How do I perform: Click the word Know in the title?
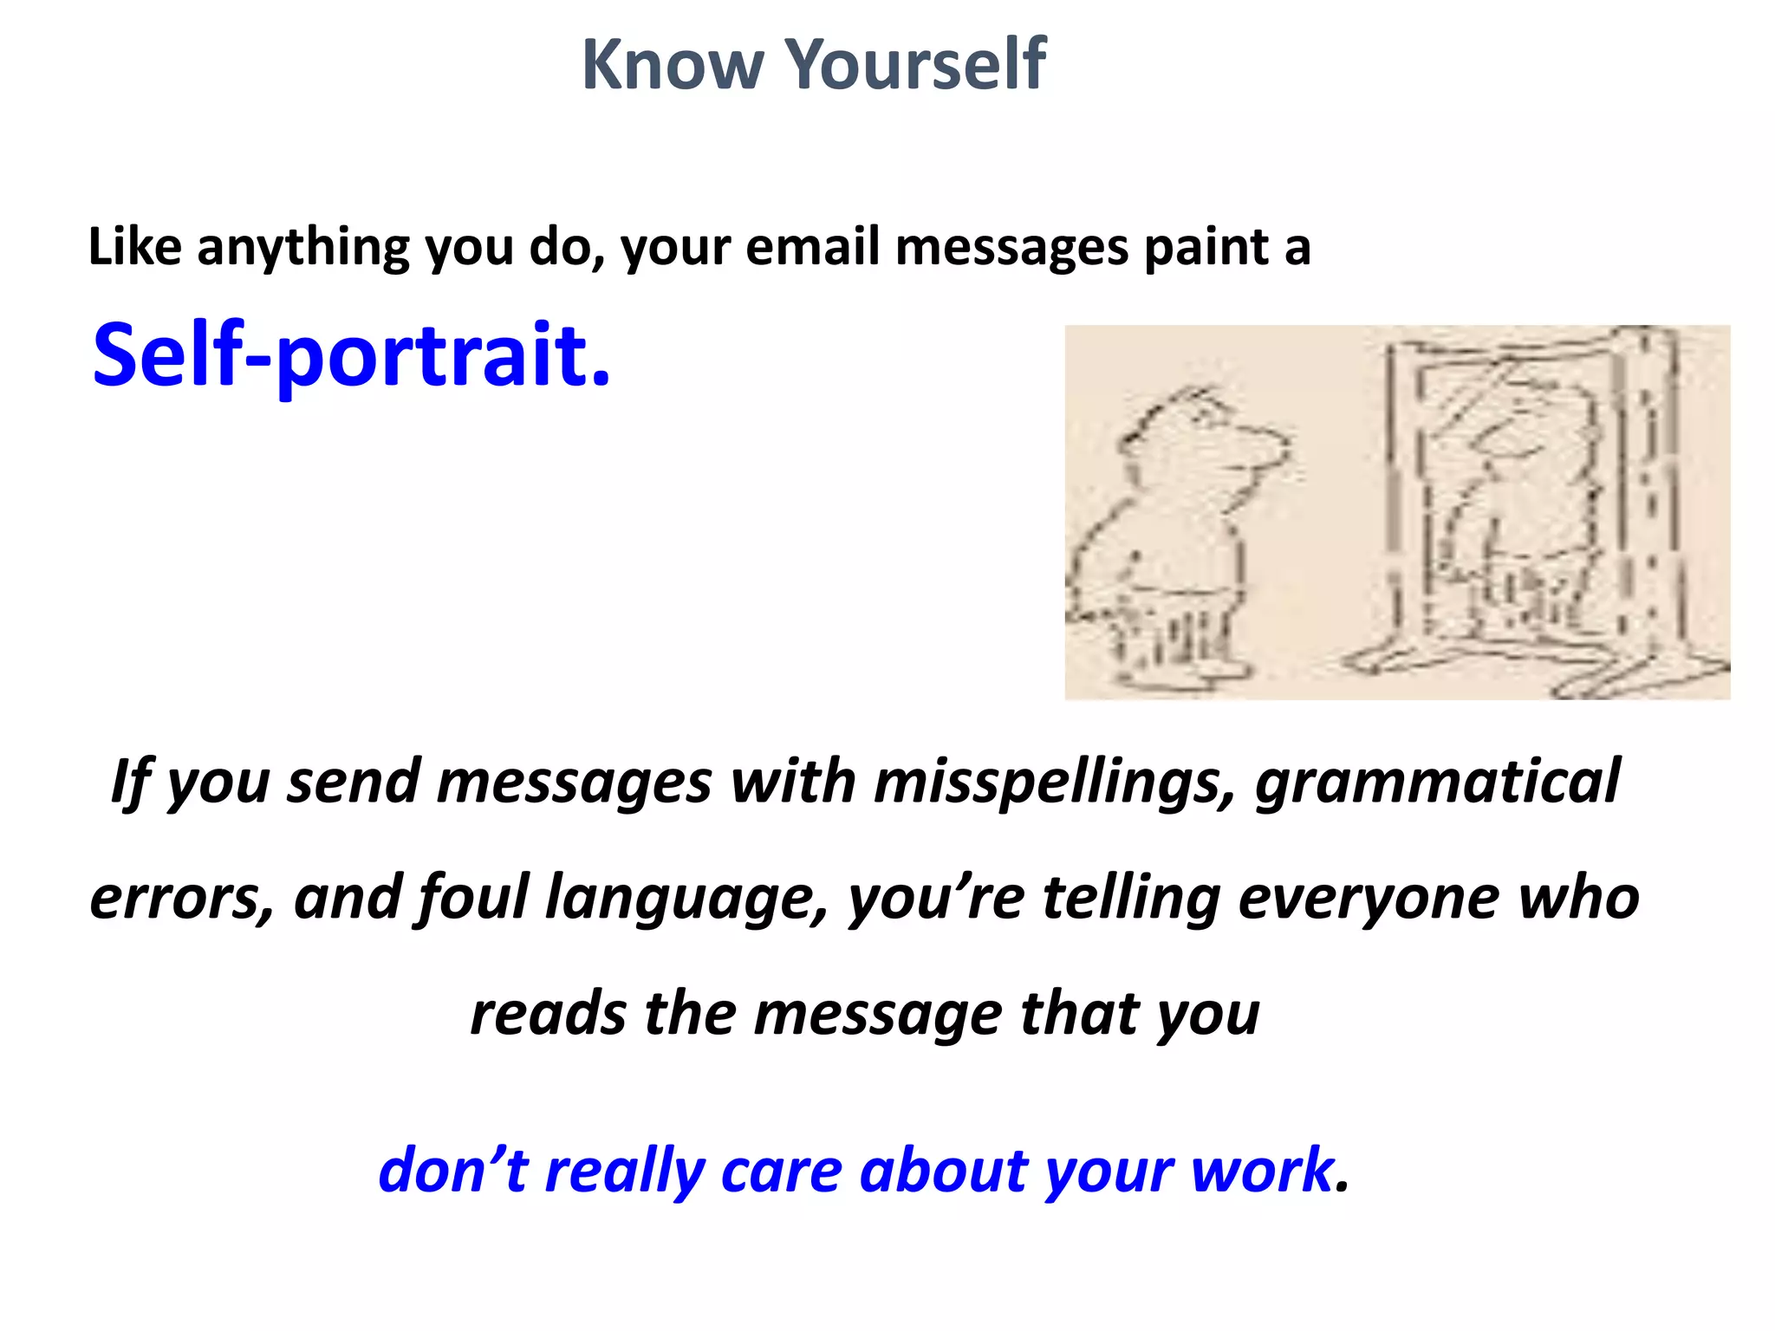point(672,65)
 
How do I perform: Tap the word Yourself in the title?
point(916,65)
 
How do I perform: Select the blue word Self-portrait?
point(351,354)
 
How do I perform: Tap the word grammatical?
point(1437,782)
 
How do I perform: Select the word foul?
point(472,898)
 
